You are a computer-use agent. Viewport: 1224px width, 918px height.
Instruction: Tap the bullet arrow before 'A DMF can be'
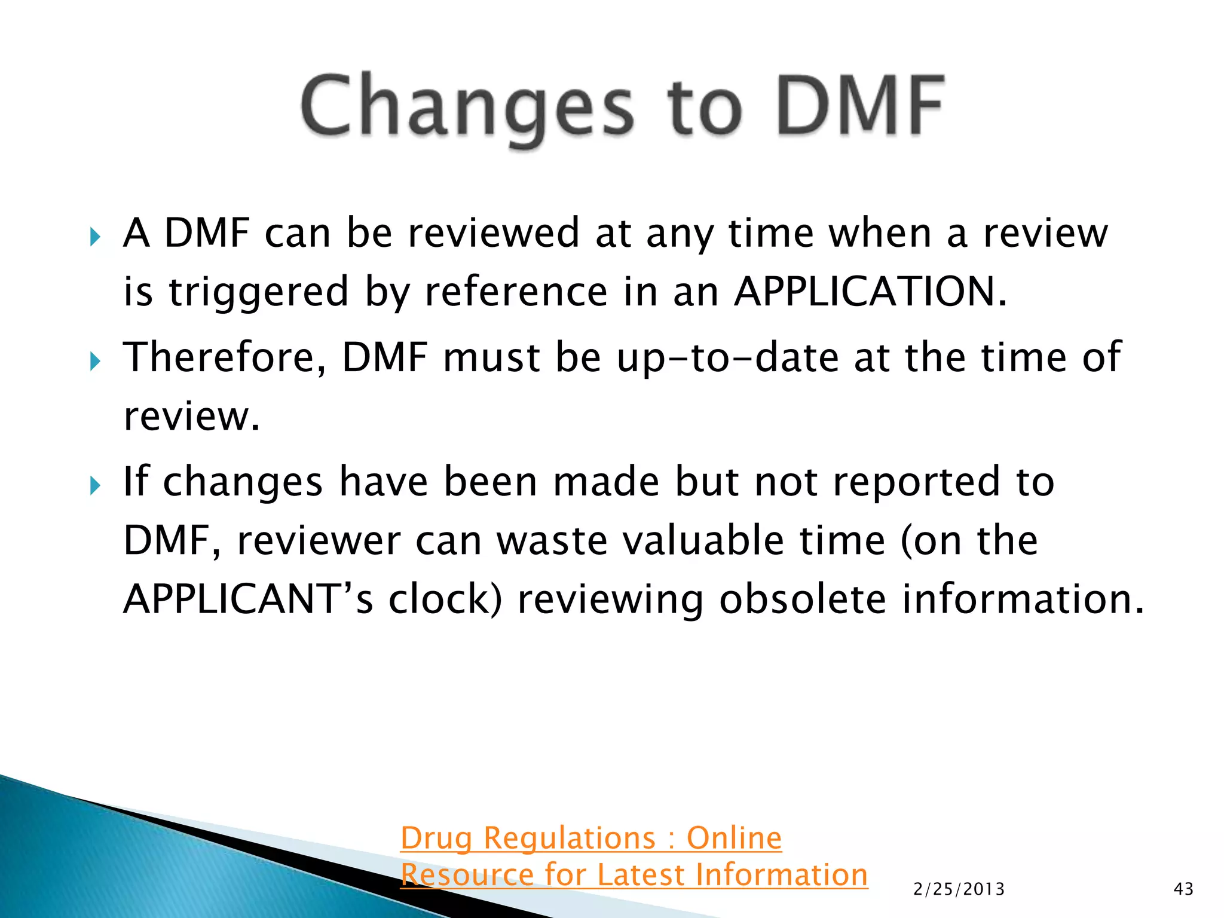(x=95, y=237)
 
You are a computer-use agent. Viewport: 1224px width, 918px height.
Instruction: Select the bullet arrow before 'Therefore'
(x=95, y=361)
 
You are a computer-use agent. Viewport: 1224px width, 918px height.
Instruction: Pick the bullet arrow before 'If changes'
(x=95, y=485)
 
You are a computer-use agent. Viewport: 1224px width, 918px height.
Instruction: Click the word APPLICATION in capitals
(x=870, y=292)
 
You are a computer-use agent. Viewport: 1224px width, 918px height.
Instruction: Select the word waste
(x=552, y=540)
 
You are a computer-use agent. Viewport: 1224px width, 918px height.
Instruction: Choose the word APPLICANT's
(x=248, y=599)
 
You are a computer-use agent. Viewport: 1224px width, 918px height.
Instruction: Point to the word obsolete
(x=803, y=599)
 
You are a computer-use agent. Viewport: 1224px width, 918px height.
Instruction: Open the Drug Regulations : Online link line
(x=590, y=838)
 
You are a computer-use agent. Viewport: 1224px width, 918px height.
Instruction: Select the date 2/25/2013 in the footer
(x=959, y=889)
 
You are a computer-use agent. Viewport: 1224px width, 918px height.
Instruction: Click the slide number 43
(x=1183, y=889)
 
